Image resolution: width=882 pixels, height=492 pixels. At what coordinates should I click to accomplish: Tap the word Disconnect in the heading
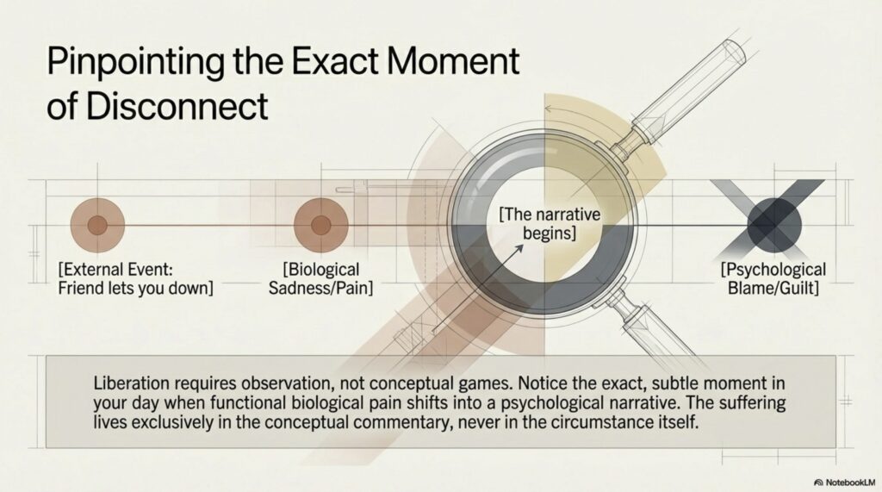click(x=177, y=105)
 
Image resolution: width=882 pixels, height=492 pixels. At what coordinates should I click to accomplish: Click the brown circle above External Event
click(x=97, y=225)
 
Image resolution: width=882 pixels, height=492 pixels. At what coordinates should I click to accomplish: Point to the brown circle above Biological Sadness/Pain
click(x=320, y=225)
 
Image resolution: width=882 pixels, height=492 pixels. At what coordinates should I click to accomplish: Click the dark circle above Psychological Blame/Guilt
click(x=774, y=224)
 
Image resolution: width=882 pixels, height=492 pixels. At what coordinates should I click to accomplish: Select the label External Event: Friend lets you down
click(x=135, y=278)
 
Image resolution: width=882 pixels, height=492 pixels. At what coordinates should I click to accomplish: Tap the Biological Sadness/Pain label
click(x=320, y=278)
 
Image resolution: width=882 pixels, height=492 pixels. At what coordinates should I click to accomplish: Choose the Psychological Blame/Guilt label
click(x=773, y=278)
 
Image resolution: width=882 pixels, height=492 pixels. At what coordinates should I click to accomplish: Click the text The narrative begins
click(x=550, y=223)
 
